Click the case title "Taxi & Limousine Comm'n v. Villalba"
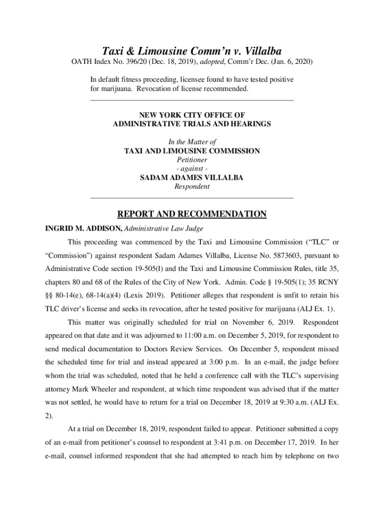[192, 51]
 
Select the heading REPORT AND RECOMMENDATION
[192, 215]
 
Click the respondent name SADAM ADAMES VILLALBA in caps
[192, 178]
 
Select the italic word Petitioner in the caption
[192, 160]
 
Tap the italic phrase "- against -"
[192, 169]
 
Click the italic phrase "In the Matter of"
[192, 142]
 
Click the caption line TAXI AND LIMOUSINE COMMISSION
[192, 151]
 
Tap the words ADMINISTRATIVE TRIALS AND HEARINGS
[192, 124]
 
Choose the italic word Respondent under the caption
[192, 187]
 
